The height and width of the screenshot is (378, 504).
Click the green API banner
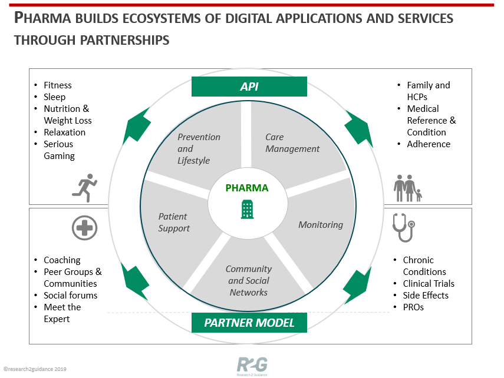coord(249,87)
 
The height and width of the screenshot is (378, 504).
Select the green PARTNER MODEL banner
coord(249,323)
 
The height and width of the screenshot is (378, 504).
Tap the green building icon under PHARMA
coord(247,210)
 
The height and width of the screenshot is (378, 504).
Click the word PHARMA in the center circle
coord(247,188)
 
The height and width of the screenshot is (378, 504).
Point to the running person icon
coord(84,188)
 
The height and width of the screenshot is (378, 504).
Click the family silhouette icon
coord(407,188)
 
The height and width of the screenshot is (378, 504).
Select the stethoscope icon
coord(404,228)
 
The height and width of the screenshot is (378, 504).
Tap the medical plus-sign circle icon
coord(84,228)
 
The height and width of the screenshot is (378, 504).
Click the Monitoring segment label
coord(321,225)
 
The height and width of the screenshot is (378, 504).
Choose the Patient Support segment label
coord(174,222)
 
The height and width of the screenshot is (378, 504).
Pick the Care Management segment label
coord(292,143)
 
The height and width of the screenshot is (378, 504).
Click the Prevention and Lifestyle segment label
coord(199,149)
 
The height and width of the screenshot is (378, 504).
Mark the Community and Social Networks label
coord(249,280)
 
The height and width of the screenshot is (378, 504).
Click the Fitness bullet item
coord(58,85)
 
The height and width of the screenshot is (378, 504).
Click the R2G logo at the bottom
coord(252,366)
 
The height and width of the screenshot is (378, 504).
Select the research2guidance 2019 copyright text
coord(35,369)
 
